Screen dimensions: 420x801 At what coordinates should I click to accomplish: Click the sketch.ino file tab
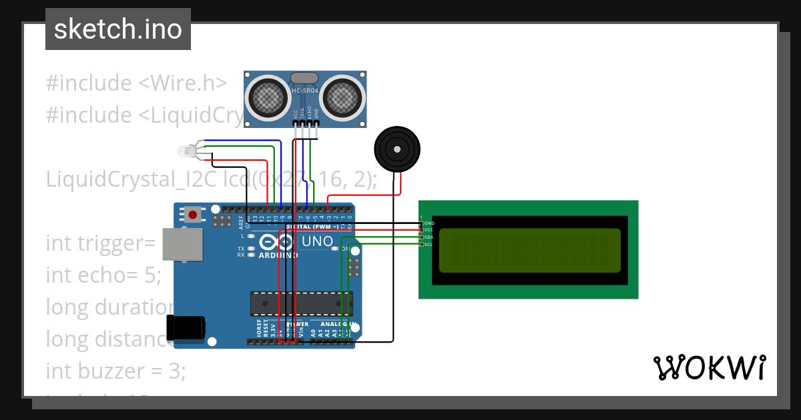click(117, 29)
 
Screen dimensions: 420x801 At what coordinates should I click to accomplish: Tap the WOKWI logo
click(708, 367)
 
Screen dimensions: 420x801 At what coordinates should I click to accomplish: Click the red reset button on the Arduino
click(194, 215)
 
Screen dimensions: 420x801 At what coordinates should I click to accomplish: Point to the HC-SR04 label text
click(305, 90)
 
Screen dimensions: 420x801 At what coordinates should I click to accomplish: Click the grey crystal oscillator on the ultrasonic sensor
click(305, 78)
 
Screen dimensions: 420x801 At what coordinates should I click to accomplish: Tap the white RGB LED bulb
click(186, 153)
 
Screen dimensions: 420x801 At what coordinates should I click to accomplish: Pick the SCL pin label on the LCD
click(429, 244)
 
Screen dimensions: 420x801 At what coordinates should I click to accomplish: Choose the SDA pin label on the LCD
click(429, 237)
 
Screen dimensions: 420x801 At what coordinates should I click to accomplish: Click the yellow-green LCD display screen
click(529, 249)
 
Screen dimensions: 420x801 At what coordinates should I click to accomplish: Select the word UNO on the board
click(317, 241)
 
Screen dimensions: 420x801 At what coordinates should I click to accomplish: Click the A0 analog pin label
click(314, 329)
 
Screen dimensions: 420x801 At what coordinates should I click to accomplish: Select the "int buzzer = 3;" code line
click(115, 371)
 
